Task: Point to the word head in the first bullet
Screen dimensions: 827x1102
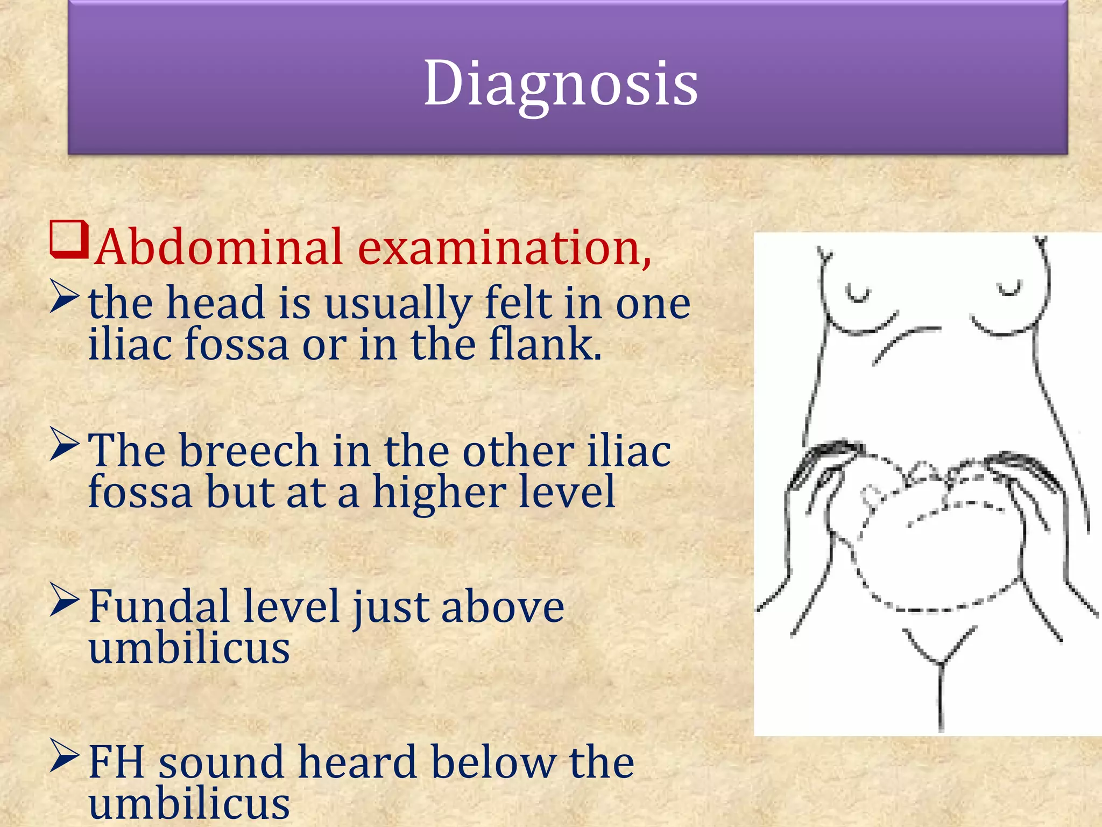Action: (215, 303)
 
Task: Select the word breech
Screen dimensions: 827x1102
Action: (249, 451)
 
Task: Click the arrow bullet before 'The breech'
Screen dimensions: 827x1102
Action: (65, 444)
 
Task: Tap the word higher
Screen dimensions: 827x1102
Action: (439, 492)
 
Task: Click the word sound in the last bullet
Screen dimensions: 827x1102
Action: (221, 762)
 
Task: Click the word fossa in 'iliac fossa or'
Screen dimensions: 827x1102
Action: (237, 345)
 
